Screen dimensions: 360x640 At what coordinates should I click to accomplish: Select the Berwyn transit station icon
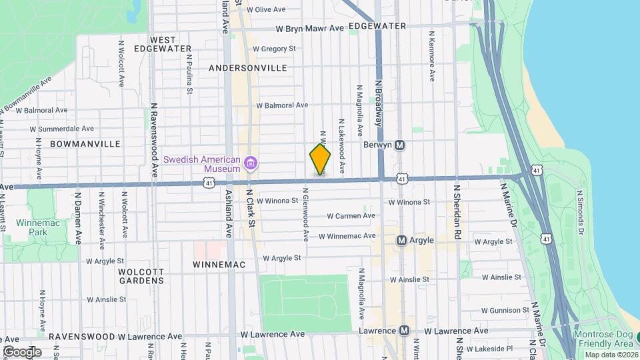400,145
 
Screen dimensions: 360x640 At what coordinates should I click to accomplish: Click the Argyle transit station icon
401,240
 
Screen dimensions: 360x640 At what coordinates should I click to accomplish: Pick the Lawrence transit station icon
404,331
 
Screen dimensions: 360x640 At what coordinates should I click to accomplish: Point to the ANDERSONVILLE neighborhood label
248,68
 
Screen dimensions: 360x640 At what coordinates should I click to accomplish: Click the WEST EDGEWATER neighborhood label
163,44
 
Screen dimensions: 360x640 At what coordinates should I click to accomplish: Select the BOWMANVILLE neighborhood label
85,143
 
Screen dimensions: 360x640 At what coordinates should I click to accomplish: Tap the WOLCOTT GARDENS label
141,276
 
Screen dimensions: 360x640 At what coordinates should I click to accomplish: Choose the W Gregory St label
274,49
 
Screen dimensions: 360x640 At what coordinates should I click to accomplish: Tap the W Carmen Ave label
351,215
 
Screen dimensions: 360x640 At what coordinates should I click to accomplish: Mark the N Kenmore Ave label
432,56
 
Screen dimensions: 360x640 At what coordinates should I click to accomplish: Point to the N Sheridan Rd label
457,212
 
